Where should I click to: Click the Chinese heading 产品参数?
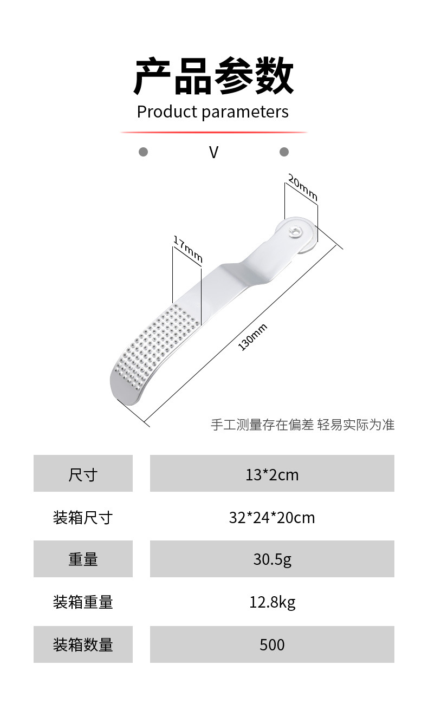tap(213, 76)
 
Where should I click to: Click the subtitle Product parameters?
tap(212, 112)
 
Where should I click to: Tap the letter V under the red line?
tap(213, 152)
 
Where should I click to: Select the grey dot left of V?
tap(143, 152)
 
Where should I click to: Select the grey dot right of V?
tap(284, 152)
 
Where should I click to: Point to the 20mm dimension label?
tap(302, 187)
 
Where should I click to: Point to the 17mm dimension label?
tap(187, 249)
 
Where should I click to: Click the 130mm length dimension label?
tap(252, 337)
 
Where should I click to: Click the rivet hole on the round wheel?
tap(295, 233)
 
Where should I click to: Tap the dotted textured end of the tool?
tap(152, 347)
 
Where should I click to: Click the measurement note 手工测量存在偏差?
tap(262, 425)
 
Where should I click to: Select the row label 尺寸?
tap(83, 474)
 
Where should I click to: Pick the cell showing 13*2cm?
tap(272, 474)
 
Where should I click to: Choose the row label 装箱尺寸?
tap(83, 517)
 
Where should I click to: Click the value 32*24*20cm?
tap(272, 517)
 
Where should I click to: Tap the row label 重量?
tap(83, 559)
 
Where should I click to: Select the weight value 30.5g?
tap(272, 559)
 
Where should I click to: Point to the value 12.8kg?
tap(272, 602)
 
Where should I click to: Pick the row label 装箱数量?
tap(83, 644)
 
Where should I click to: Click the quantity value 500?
tap(272, 644)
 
